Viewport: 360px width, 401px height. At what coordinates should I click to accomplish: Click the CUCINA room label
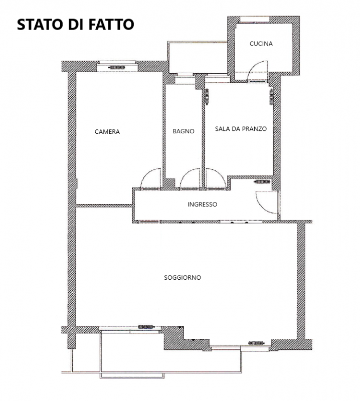pyautogui.click(x=261, y=44)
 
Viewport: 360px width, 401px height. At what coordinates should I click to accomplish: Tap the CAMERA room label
pyautogui.click(x=107, y=132)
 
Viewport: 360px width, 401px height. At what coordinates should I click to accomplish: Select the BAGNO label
pyautogui.click(x=184, y=131)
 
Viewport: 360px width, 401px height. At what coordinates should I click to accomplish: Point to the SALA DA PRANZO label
pyautogui.click(x=241, y=129)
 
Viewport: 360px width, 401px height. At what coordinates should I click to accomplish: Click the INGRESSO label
pyautogui.click(x=202, y=205)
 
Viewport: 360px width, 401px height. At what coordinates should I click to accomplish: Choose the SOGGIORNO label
pyautogui.click(x=183, y=278)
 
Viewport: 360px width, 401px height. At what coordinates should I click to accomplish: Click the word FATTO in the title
pyautogui.click(x=111, y=25)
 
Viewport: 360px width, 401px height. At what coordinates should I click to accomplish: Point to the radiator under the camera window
pyautogui.click(x=117, y=68)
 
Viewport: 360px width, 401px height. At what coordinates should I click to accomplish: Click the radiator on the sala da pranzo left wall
pyautogui.click(x=207, y=96)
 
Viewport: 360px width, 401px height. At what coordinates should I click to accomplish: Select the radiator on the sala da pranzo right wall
pyautogui.click(x=271, y=97)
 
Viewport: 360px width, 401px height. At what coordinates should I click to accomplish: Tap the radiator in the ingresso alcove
pyautogui.click(x=262, y=182)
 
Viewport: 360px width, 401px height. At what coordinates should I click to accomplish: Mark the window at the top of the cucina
pyautogui.click(x=255, y=20)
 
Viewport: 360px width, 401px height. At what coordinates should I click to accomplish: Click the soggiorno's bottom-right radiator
pyautogui.click(x=256, y=343)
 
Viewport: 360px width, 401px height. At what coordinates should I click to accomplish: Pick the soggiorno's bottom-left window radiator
pyautogui.click(x=146, y=327)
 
